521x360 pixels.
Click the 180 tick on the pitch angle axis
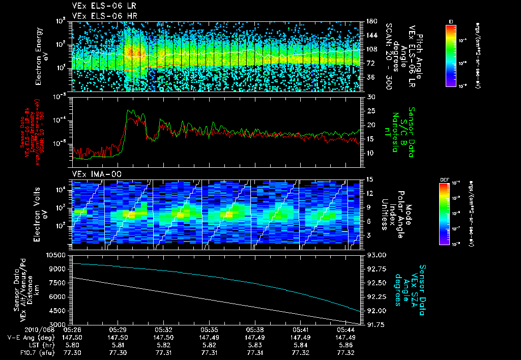coord(371,21)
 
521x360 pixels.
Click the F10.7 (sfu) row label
coord(20,352)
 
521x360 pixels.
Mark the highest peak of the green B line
coord(130,109)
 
